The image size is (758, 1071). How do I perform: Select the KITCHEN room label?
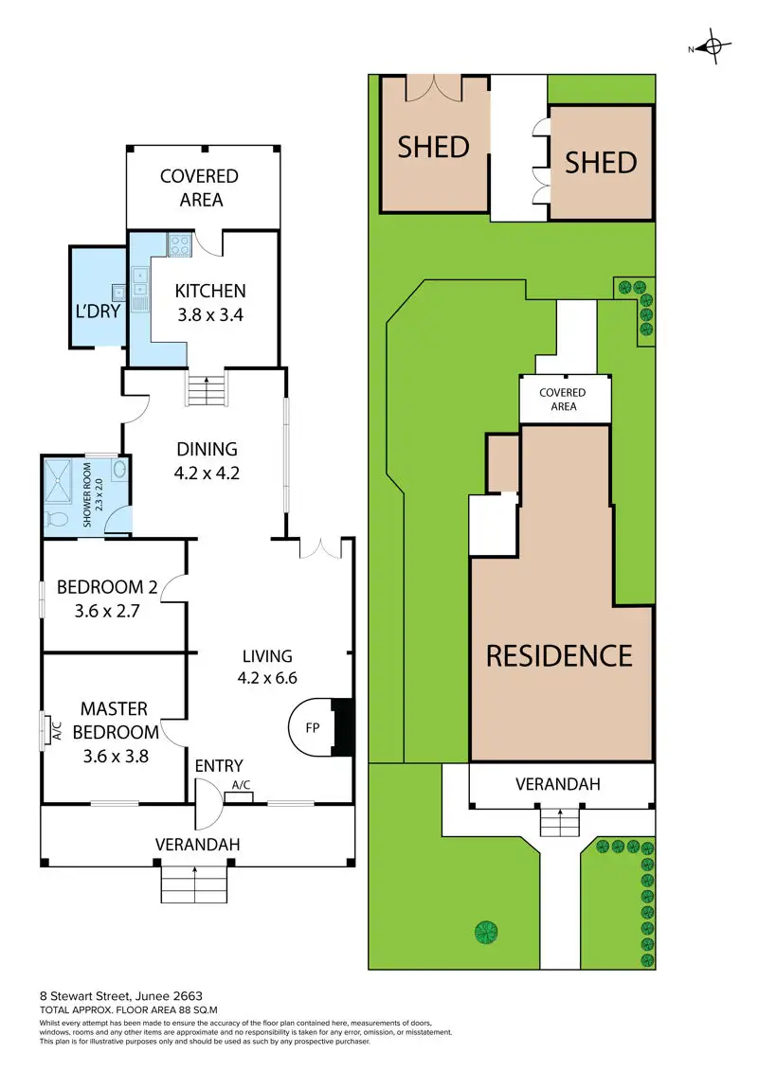coord(210,292)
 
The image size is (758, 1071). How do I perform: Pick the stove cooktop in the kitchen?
coord(179,245)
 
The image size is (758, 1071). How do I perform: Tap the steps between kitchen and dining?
coord(208,389)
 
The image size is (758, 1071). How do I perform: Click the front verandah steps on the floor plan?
coord(194,884)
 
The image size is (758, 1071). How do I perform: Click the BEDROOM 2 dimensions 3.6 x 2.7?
coord(107,611)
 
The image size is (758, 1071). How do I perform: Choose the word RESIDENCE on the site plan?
coord(559,655)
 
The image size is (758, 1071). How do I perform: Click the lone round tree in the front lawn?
coord(486,931)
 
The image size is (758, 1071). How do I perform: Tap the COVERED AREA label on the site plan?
coord(563,399)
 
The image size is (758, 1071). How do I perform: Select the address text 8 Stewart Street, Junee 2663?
coord(120,996)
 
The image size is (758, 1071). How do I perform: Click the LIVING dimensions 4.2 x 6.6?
coord(266,678)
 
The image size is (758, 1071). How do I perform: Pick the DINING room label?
coord(208,450)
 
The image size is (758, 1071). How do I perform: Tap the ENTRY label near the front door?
coord(219,766)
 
